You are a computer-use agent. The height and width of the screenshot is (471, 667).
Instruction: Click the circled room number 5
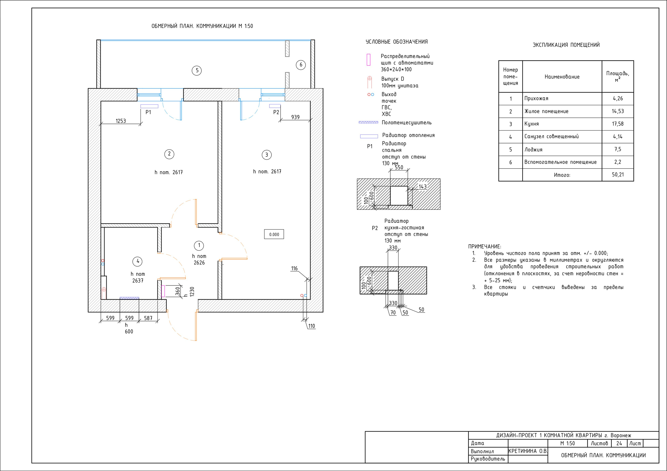197,71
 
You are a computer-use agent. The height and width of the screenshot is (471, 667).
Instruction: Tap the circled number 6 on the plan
301,65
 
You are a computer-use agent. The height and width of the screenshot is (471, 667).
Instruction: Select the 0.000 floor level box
274,234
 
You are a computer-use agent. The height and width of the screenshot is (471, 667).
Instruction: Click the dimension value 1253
121,121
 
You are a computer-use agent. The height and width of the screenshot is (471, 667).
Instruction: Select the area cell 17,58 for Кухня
617,124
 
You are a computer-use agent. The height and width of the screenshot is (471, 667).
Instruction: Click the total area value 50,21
617,175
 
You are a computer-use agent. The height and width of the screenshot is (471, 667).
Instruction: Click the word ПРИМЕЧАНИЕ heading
485,247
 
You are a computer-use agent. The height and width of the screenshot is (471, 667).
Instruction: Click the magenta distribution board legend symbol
368,60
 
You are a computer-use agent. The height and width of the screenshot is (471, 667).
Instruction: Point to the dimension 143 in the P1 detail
422,186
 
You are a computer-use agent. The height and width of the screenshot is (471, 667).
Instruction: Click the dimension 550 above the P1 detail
399,167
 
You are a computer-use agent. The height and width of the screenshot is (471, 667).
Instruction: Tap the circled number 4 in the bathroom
138,262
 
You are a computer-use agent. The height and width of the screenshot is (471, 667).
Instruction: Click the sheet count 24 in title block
619,443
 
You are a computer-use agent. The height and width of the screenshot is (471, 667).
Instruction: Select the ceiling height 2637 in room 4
138,281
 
